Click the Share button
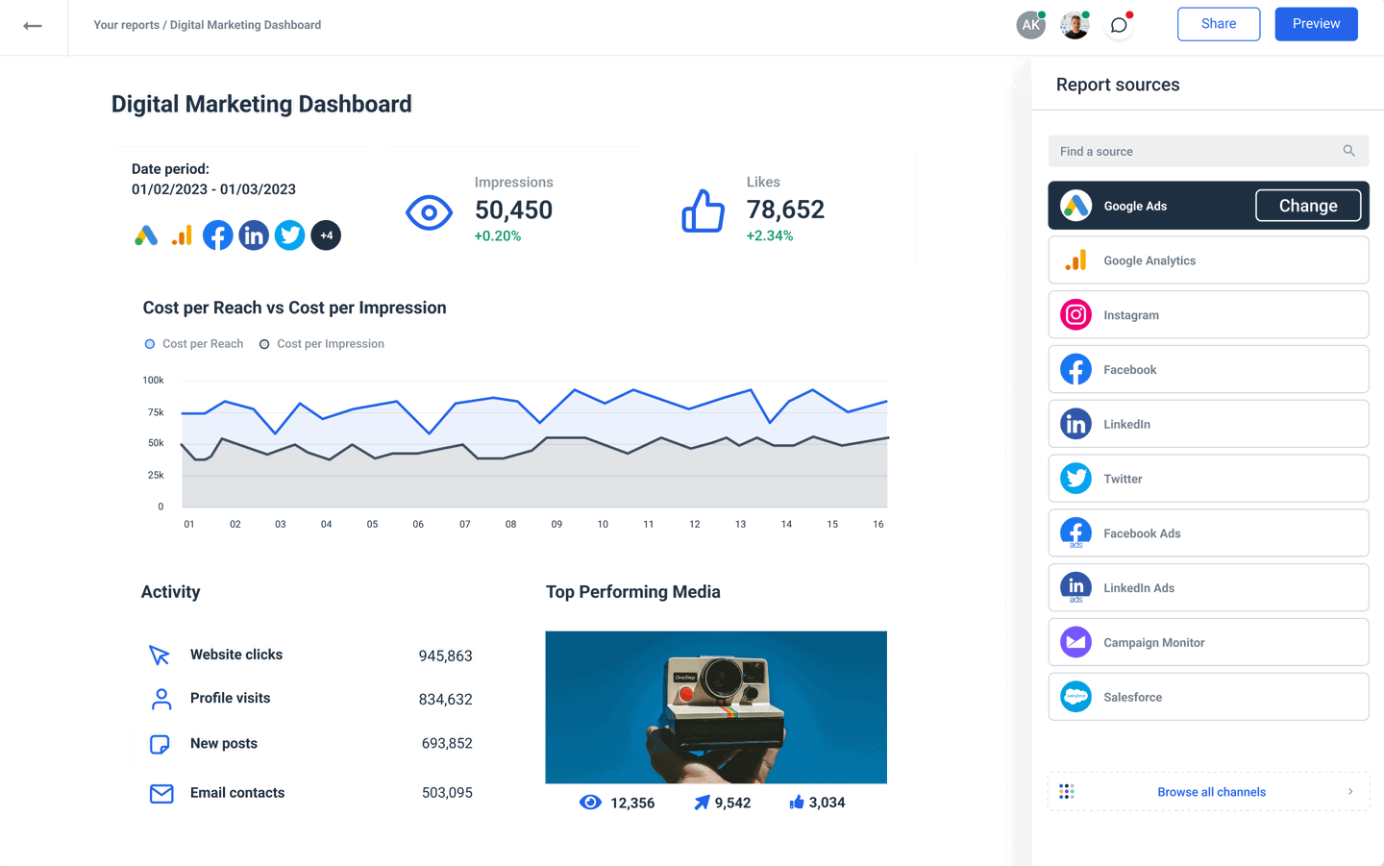(1218, 24)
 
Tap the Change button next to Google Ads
(1307, 206)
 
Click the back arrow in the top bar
(33, 26)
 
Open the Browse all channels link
(1210, 792)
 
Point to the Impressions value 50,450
(513, 210)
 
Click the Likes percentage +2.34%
(769, 236)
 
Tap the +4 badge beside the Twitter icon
(326, 235)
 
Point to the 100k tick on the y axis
(153, 381)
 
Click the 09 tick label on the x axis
(556, 525)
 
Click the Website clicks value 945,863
(445, 656)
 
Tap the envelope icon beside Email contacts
(161, 794)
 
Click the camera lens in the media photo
(718, 680)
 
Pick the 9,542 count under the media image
(731, 804)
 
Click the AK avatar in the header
(1030, 26)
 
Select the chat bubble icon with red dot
(1119, 26)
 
